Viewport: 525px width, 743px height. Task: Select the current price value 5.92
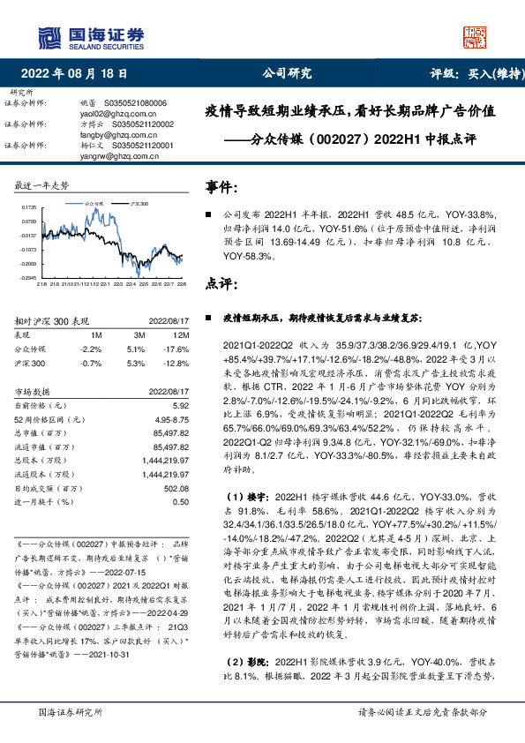click(180, 405)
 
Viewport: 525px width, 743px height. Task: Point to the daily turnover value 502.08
click(176, 489)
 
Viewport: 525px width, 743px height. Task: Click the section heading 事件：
click(221, 187)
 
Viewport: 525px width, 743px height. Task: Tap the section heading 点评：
click(221, 284)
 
